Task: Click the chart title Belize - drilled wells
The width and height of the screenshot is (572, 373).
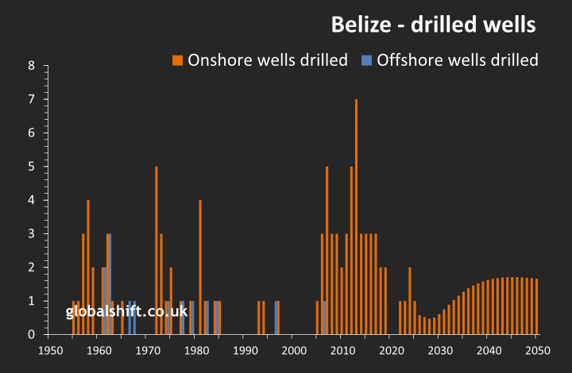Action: pyautogui.click(x=433, y=25)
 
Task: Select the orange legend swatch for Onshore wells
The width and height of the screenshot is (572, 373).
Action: pyautogui.click(x=177, y=60)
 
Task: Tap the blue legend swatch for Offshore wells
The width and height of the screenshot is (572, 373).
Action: pyautogui.click(x=366, y=60)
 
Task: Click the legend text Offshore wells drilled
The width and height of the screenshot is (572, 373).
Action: pyautogui.click(x=458, y=60)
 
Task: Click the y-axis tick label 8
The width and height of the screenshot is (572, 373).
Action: pyautogui.click(x=32, y=66)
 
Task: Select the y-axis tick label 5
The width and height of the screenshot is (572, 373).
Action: pyautogui.click(x=32, y=167)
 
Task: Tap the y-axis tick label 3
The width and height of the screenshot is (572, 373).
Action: pyautogui.click(x=32, y=234)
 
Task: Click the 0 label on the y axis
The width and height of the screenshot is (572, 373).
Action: pyautogui.click(x=32, y=335)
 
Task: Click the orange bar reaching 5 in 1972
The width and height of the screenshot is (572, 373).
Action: pyautogui.click(x=157, y=250)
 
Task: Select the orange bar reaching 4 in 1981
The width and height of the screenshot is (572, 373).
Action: pyautogui.click(x=200, y=267)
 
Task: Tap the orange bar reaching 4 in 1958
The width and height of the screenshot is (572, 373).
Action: pyautogui.click(x=88, y=267)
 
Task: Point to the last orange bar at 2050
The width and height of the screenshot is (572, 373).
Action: pyautogui.click(x=537, y=306)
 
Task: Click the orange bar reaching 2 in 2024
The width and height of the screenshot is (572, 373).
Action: pyautogui.click(x=410, y=301)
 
